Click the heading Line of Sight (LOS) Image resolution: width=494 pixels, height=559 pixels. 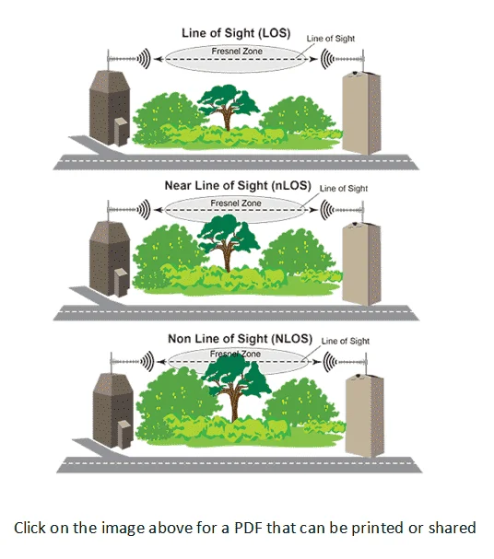point(236,33)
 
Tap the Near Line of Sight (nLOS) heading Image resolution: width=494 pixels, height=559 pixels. point(238,185)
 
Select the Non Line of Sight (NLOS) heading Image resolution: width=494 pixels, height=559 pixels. point(240,338)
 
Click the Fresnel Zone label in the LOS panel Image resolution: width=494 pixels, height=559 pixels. point(237,51)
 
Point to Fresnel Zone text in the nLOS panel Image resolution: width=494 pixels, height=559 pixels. point(236,203)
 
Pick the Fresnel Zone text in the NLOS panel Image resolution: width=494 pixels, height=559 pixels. point(235,354)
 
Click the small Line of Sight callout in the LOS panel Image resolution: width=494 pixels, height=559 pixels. point(331,39)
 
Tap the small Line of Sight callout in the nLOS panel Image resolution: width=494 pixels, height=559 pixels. point(344,188)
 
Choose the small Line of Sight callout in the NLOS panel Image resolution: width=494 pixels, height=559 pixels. point(346,341)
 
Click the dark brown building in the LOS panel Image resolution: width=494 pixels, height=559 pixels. point(109,108)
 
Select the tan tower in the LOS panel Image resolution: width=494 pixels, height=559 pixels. point(361,112)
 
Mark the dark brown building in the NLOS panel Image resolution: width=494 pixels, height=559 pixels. point(112,411)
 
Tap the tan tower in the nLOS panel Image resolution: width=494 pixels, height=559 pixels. point(361,263)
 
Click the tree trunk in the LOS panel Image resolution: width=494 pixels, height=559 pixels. point(228,119)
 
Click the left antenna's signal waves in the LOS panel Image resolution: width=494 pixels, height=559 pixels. point(145,59)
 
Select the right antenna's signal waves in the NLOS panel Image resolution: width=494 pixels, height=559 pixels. point(329,362)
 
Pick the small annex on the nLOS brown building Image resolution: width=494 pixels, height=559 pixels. point(122,283)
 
